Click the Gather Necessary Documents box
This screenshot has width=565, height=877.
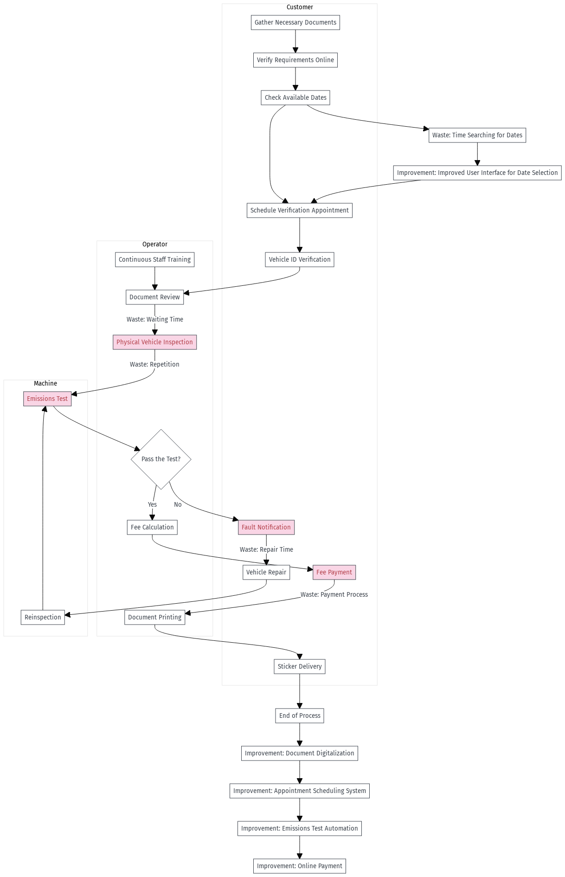[295, 22]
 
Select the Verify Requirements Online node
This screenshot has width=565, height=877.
[295, 60]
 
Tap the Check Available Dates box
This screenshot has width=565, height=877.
[295, 97]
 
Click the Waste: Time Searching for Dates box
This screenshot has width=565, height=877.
[477, 135]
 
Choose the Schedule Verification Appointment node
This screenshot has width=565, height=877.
[299, 210]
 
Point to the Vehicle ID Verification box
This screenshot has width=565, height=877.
[299, 259]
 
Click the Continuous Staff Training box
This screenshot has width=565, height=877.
[154, 259]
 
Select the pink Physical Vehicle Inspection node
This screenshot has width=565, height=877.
[154, 342]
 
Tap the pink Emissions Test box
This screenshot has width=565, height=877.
[47, 399]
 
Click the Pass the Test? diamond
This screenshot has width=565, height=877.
[161, 459]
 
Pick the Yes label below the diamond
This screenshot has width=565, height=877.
[152, 504]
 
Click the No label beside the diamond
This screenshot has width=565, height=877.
[178, 504]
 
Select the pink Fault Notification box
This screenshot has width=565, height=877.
[266, 527]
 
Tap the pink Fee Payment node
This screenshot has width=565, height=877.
[334, 572]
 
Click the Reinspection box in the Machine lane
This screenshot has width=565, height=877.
[43, 617]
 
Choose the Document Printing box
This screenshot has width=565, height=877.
[154, 617]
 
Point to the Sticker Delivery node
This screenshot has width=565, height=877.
[299, 666]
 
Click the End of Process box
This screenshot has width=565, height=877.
[299, 716]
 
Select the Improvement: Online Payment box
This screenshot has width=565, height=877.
[299, 866]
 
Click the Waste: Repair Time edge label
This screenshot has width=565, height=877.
[266, 549]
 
